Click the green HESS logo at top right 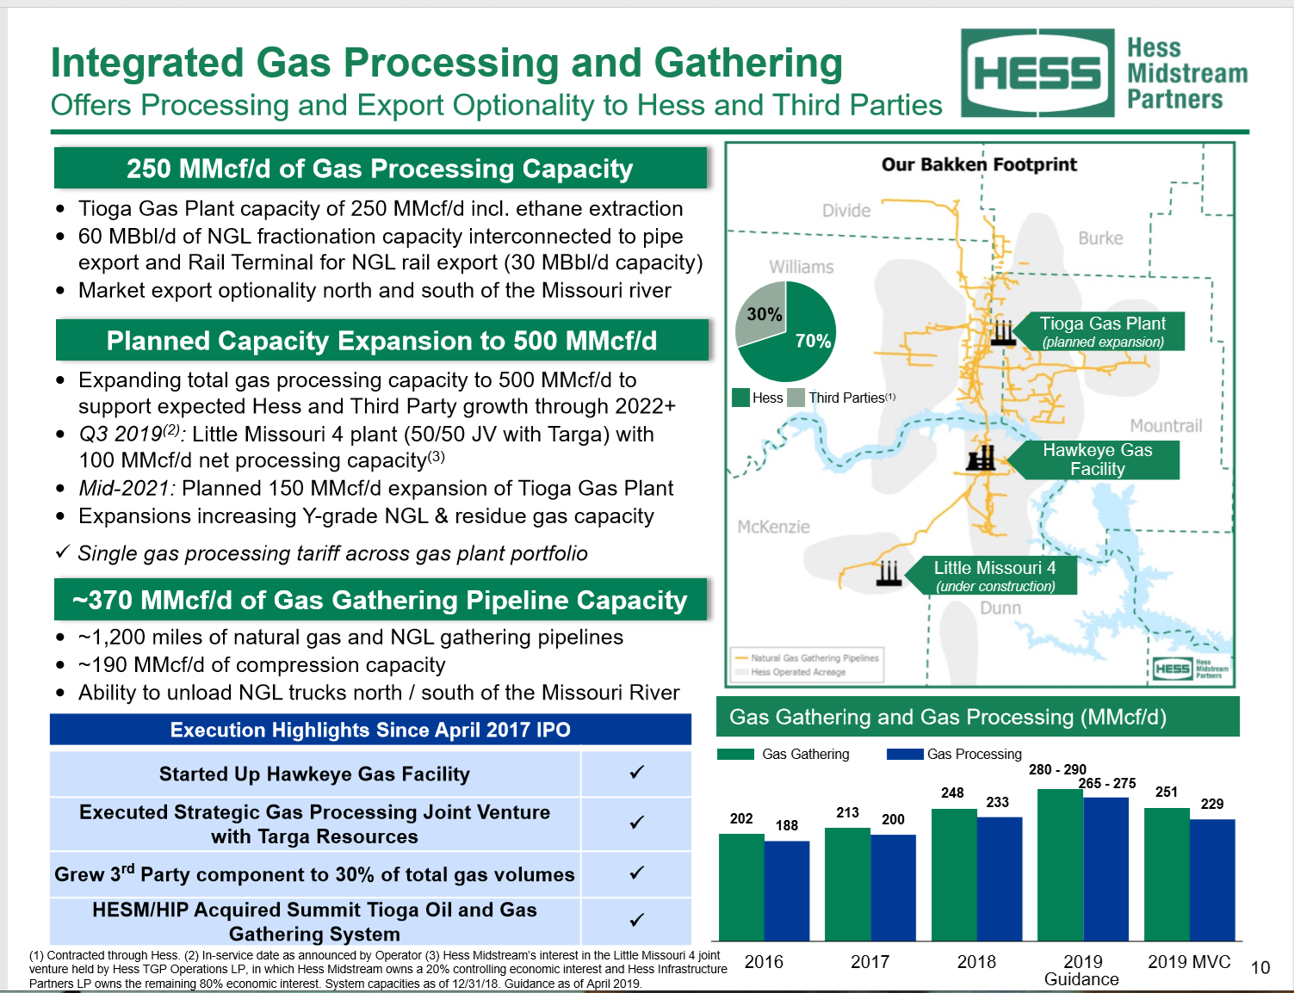pos(1037,73)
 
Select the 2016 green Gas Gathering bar pos(741,886)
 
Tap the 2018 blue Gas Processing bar pos(1000,878)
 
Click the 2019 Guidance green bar pos(1060,865)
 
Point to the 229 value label pos(1212,804)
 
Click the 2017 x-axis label pos(870,962)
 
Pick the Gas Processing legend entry pos(955,754)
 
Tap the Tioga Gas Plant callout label pos(1102,331)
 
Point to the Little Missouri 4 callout pos(994,576)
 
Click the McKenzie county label pos(773,527)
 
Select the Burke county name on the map pos(1100,238)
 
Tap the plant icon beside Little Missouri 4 pos(888,573)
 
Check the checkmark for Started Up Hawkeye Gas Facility pos(636,773)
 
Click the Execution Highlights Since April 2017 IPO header pos(370,730)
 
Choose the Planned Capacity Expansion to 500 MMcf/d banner pos(381,341)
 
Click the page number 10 pos(1260,968)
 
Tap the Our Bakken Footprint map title pos(979,164)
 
